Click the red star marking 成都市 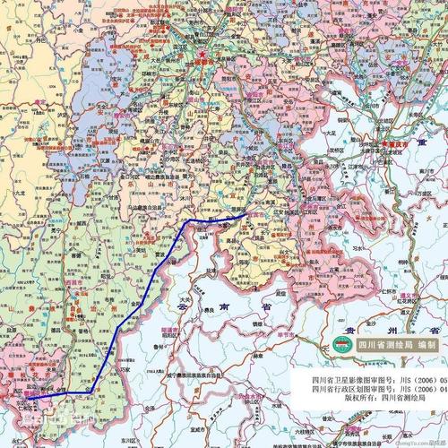coord(202,52)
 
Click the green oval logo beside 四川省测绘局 coord(340,344)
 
